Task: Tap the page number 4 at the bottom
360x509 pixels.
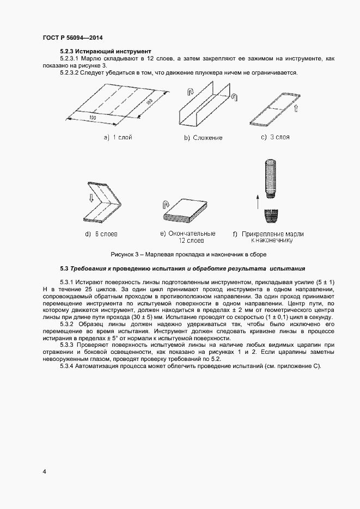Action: (x=44, y=471)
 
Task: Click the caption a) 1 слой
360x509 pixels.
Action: (x=118, y=138)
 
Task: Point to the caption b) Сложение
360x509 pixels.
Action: (x=203, y=138)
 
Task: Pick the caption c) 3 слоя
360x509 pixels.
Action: (x=275, y=137)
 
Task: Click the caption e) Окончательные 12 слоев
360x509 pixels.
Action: (x=187, y=236)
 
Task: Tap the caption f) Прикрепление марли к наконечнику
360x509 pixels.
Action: (x=268, y=236)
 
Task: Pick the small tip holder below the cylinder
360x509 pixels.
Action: (x=270, y=216)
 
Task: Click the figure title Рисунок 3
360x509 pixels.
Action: (x=188, y=254)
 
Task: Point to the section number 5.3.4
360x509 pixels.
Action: (x=70, y=366)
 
